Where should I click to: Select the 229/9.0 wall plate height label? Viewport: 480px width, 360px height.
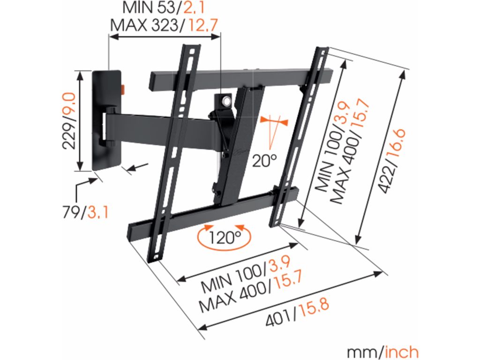click(69, 121)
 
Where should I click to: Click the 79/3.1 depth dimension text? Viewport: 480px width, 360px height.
click(86, 213)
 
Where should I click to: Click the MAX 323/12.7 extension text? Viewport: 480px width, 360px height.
click(164, 25)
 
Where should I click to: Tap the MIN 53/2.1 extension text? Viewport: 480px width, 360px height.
click(164, 8)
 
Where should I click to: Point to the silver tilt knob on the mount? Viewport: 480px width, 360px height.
click(227, 100)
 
